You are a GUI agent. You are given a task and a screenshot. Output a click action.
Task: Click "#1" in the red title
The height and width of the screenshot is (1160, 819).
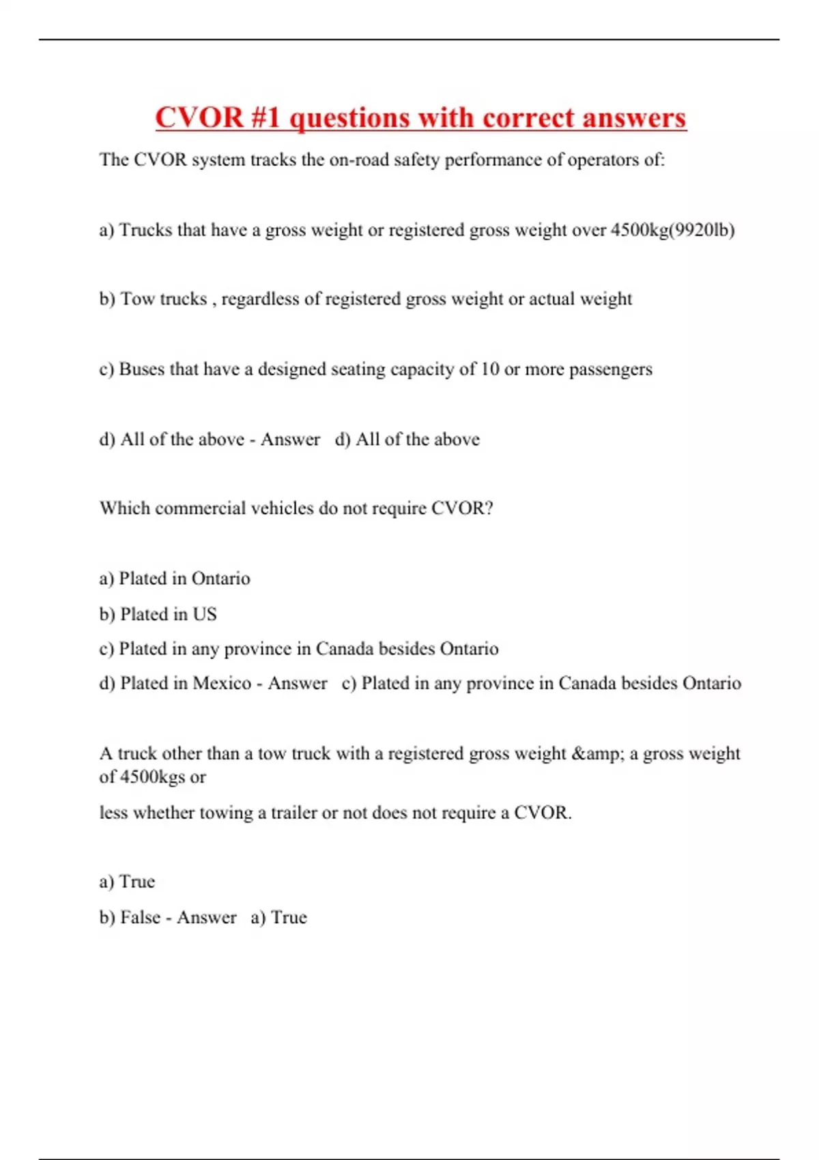[265, 117]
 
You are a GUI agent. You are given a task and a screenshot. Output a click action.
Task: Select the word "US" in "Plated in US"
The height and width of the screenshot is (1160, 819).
[204, 614]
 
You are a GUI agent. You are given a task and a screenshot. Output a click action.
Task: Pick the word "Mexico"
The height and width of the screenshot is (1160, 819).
[222, 683]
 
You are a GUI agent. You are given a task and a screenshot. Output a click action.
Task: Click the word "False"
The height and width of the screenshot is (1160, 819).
[140, 917]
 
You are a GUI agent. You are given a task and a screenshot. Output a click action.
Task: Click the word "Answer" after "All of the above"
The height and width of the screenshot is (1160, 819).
[290, 439]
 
